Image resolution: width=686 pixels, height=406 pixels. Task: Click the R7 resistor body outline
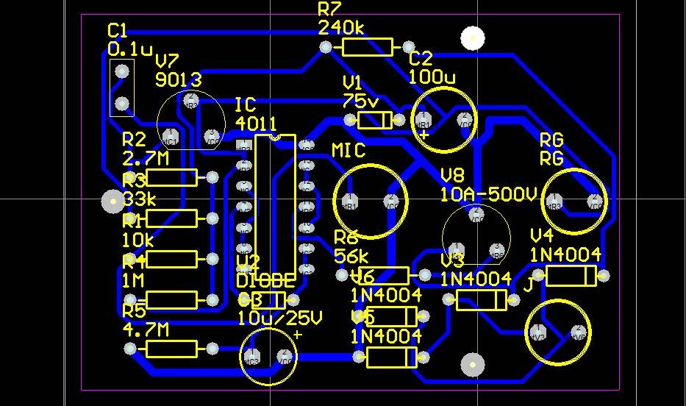pos(368,48)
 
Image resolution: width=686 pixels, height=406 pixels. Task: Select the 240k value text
pos(341,28)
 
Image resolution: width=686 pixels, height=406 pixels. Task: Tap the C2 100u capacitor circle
pos(443,119)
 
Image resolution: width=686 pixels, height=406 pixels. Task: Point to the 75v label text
pos(360,101)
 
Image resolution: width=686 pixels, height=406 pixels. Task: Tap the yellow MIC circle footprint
pos(371,201)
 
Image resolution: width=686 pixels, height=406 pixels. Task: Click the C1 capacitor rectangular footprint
pos(122,88)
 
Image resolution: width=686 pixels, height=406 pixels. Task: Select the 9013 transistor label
pos(178,79)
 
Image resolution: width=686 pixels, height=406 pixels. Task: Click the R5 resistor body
pos(172,349)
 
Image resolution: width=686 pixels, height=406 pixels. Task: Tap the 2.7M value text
pos(146,158)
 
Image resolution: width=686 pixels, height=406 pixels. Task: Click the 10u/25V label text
pos(279,318)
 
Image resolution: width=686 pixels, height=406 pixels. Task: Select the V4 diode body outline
pos(571,276)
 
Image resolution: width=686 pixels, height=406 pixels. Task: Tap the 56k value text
pos(351,256)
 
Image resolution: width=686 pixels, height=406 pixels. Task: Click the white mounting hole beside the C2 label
pos(473,37)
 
